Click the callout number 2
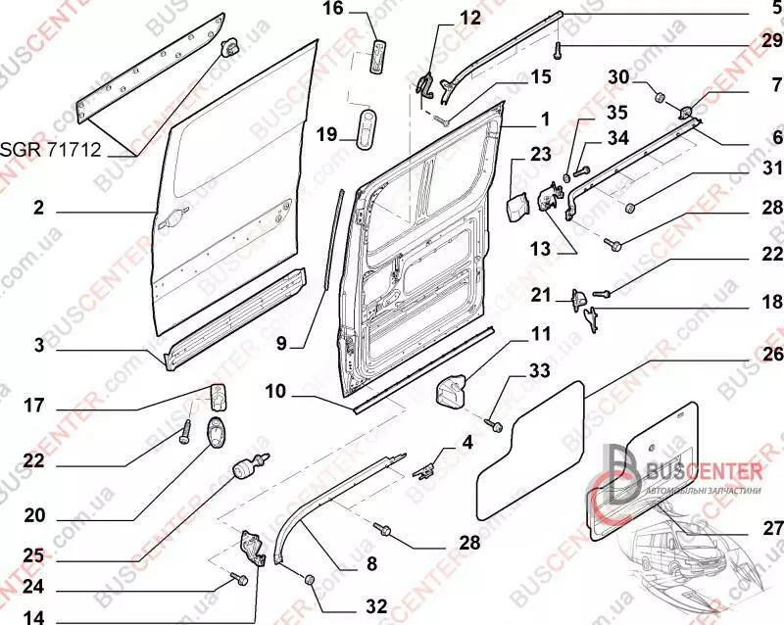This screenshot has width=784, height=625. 38,208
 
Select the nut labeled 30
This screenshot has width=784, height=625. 660,97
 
